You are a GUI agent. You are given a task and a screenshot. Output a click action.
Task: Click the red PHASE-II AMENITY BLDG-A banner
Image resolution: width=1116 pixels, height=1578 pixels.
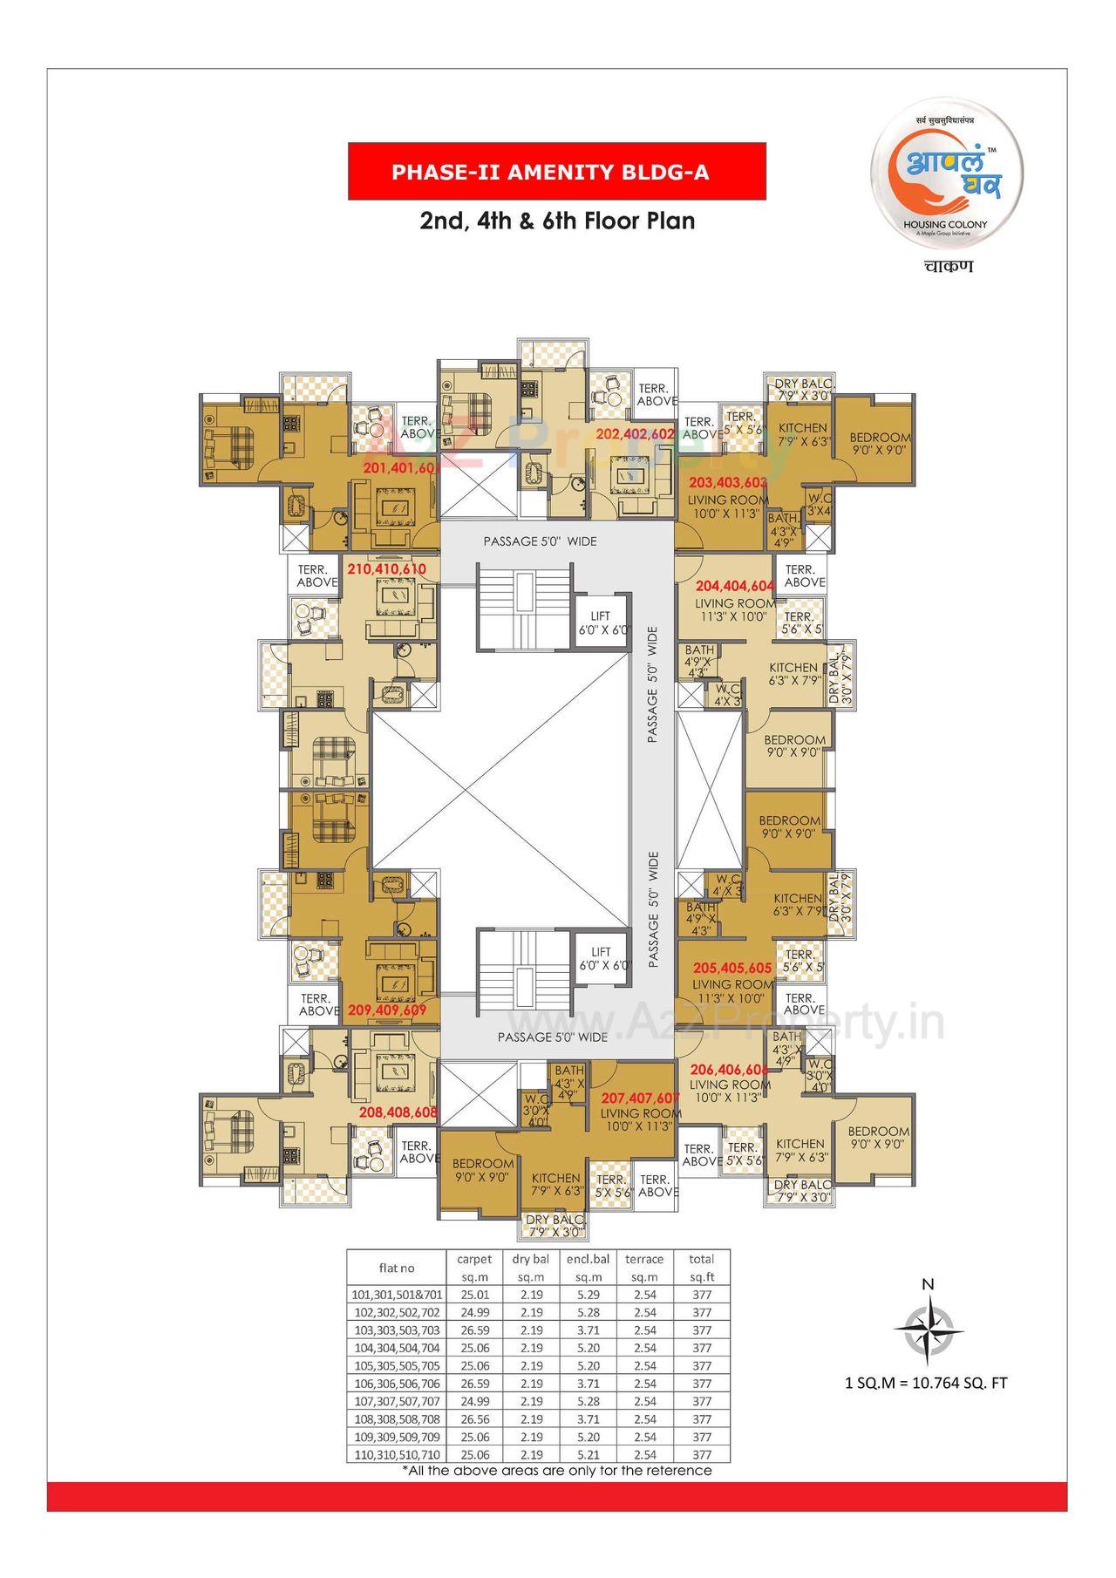coord(557,172)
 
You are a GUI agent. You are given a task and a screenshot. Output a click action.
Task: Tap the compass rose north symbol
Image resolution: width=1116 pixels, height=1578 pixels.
coord(928,1327)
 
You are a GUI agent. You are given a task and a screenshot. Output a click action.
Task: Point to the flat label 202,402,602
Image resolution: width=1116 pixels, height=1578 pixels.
coord(635,433)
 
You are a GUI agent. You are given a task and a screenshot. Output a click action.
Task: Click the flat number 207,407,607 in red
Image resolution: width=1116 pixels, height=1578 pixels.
coord(640,1098)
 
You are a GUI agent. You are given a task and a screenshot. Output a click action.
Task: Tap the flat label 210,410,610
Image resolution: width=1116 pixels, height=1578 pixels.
coord(386,568)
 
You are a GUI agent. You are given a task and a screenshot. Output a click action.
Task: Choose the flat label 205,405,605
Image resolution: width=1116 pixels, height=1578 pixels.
coord(732,968)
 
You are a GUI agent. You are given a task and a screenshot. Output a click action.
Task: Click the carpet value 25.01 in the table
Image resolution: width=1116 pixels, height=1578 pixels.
coord(474,1295)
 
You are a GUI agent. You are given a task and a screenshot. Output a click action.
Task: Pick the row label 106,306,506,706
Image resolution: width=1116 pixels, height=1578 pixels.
coord(397,1384)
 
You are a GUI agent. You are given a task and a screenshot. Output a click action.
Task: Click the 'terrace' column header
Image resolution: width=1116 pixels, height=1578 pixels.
coord(644,1259)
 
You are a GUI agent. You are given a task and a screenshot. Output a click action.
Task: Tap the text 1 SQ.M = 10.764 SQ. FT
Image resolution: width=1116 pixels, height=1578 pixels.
coord(926,1383)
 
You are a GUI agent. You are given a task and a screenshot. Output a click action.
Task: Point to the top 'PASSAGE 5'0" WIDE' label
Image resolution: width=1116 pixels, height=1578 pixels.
coord(540,541)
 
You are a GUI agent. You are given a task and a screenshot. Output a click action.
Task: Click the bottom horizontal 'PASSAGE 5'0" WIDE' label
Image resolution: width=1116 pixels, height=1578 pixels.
coord(552,1037)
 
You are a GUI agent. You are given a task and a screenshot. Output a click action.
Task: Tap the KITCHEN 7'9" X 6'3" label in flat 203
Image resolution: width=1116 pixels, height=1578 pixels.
coord(802,433)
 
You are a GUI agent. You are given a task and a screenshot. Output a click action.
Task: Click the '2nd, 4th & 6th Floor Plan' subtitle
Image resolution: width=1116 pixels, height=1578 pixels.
coord(557,221)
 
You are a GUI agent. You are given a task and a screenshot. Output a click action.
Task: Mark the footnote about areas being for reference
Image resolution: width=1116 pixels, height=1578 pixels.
coord(556,1471)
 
